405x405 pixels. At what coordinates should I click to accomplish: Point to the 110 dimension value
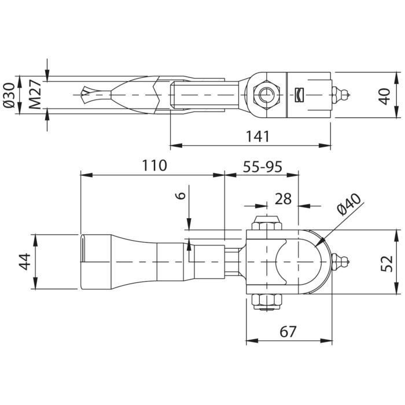pos(154,165)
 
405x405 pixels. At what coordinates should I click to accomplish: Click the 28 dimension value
pos(283,199)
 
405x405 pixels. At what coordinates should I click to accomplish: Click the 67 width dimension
pos(288,332)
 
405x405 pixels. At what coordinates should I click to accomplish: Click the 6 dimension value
pos(181,196)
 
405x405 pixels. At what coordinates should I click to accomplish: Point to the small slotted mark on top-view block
pos(299,94)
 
